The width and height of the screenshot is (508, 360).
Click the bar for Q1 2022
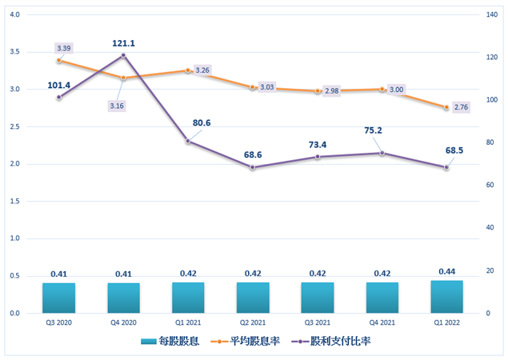point(446,297)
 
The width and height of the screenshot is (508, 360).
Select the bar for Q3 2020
point(58,298)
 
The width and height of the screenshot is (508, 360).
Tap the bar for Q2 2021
point(253,298)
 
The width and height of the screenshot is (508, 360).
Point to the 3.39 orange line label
point(64,49)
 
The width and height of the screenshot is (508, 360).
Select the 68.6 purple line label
point(253,154)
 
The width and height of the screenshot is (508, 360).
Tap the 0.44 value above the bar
point(446,272)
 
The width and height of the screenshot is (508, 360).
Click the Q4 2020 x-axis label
point(123,323)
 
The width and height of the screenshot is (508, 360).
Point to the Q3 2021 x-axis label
point(318,323)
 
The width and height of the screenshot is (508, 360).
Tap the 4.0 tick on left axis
point(15,14)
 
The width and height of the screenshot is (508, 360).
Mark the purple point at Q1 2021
point(188,141)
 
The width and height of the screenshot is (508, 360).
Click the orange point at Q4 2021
point(382,90)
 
